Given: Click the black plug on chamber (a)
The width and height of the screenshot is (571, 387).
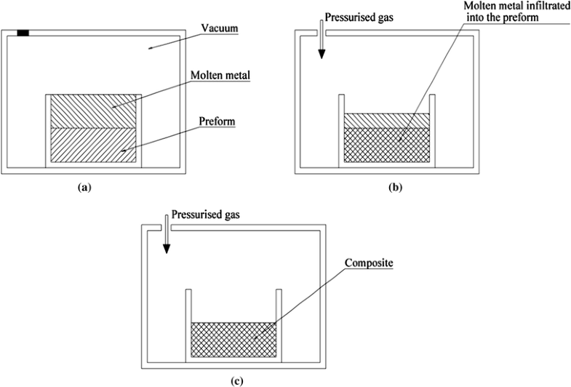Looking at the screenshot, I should coord(23,33).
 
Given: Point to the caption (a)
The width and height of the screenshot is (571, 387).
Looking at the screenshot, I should coord(84,187).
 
